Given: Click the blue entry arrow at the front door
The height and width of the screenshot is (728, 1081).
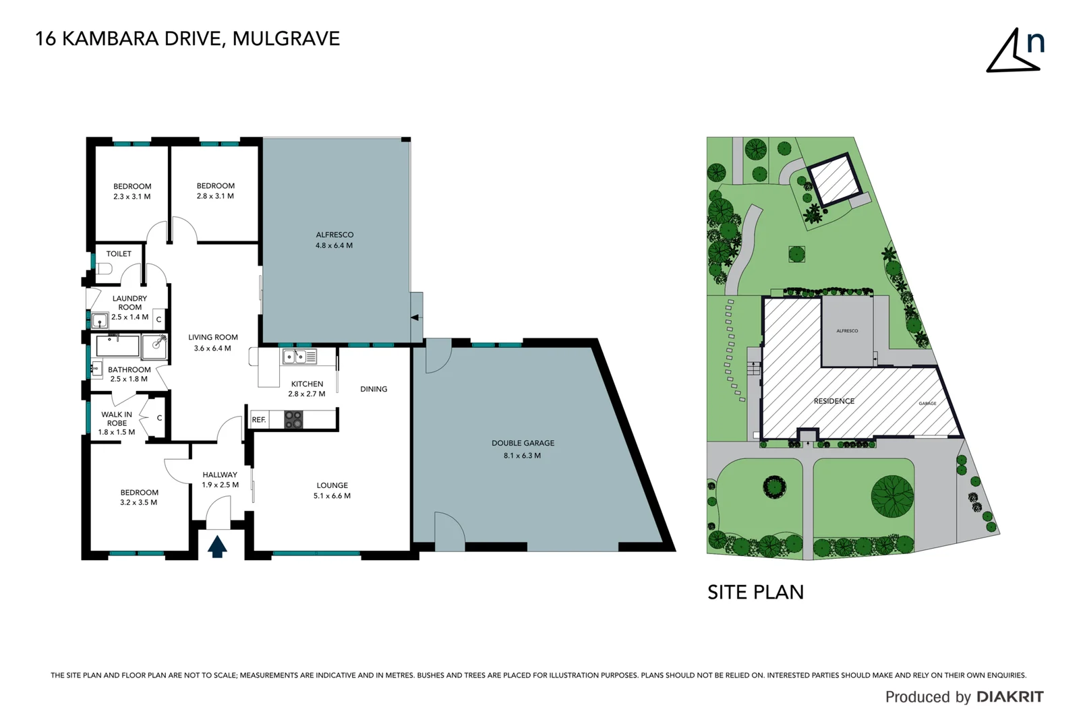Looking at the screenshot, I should (216, 546).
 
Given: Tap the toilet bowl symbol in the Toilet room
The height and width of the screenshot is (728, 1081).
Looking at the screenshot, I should (104, 269).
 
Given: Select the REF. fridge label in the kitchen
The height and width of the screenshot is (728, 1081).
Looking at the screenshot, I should (259, 420).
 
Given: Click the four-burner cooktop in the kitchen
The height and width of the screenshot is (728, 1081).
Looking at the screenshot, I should (293, 419).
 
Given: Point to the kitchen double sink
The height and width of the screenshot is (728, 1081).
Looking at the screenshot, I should (299, 357).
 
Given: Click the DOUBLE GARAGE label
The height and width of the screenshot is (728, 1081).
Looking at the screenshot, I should (523, 443).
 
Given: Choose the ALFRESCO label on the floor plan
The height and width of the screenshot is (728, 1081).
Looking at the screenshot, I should (334, 235).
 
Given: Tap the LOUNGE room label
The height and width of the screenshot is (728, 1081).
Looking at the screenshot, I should (332, 485).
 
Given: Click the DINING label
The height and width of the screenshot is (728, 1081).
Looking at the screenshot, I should (374, 389).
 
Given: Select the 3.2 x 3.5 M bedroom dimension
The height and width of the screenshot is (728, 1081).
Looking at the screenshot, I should (139, 503).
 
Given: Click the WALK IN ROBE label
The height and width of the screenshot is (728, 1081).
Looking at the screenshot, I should (117, 419).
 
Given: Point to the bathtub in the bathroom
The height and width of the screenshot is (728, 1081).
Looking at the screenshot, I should (118, 346).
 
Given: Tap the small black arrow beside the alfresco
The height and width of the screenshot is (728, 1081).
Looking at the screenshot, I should (415, 317).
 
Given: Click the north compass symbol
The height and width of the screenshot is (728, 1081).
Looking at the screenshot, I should (1014, 51).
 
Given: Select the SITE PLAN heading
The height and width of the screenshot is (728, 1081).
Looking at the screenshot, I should (755, 593).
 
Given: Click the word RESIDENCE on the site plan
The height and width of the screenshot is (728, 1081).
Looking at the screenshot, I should (834, 401).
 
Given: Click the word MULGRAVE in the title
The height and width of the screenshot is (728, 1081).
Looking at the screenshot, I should (286, 39).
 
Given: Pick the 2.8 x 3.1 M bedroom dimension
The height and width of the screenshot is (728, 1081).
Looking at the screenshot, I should (215, 196).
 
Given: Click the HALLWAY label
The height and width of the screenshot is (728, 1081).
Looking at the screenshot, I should (220, 475).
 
